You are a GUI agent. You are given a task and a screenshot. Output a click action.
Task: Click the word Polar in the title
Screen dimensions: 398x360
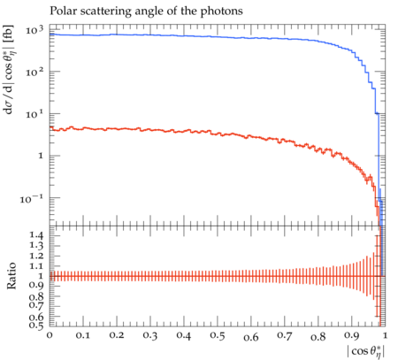60,11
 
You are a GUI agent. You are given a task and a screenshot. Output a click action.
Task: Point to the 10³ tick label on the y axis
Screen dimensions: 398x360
34,29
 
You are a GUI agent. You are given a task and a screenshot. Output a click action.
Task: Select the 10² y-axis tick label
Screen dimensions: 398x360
34,72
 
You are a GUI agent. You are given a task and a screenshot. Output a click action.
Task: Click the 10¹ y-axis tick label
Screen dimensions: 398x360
34,113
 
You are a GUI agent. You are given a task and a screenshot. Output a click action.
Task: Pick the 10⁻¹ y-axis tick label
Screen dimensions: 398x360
32,199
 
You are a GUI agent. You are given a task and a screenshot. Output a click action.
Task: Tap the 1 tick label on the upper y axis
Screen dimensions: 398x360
41,156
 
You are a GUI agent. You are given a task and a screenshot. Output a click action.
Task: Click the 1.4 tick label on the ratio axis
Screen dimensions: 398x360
36,235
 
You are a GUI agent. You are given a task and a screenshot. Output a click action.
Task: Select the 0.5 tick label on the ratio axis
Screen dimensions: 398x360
36,325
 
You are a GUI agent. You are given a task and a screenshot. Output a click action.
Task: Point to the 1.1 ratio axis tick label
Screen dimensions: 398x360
36,266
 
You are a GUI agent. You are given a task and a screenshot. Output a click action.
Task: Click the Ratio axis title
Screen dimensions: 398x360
11,276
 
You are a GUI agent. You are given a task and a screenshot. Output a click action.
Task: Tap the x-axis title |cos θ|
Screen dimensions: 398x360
366,351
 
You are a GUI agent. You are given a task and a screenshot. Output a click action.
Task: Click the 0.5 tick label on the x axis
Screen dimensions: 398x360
218,335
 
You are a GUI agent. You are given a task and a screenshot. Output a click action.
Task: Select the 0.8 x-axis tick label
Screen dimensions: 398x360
318,335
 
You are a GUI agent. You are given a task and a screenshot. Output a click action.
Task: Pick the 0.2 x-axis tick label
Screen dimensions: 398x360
117,335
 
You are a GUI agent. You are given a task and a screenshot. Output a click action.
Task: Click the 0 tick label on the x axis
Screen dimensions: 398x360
50,335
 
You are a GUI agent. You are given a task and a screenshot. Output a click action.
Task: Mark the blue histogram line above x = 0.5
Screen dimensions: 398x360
218,37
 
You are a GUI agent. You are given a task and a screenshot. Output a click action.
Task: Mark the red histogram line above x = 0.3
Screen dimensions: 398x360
150,130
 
